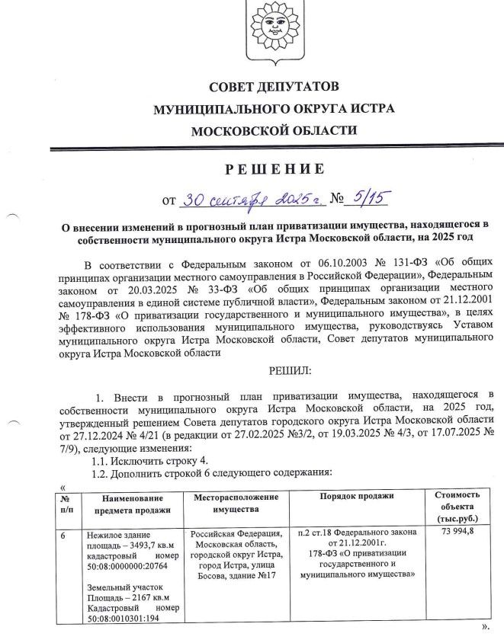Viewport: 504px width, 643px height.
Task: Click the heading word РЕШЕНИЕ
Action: pyautogui.click(x=274, y=168)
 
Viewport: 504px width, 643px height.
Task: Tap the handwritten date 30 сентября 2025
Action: pyautogui.click(x=252, y=200)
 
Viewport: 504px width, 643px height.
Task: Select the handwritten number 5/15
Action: pyautogui.click(x=367, y=200)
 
